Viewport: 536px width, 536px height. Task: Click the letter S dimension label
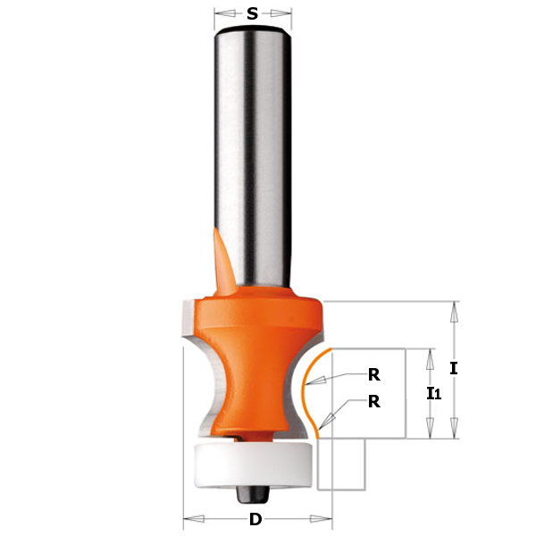coord(252,13)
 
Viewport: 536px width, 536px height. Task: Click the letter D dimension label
coord(255,520)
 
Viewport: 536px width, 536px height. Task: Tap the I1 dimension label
coord(434,393)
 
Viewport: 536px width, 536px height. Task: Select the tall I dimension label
coord(453,368)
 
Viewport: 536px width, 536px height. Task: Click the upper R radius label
coord(374,375)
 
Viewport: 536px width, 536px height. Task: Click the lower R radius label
coord(374,402)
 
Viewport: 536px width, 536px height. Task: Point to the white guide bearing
coord(253,465)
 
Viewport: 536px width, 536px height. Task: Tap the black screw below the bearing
coord(253,495)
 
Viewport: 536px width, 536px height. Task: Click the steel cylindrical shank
coord(253,157)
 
